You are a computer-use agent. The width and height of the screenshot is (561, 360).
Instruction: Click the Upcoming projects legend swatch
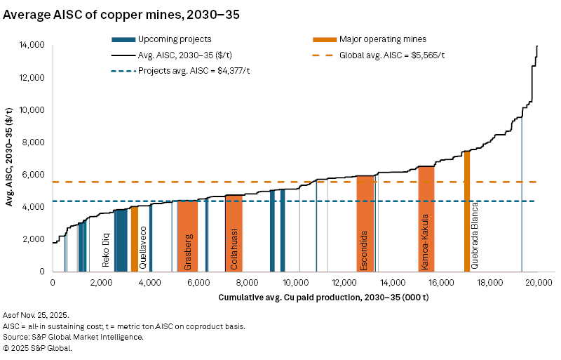[x=123, y=39]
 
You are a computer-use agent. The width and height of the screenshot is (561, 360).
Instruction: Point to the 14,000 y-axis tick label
[x=33, y=45]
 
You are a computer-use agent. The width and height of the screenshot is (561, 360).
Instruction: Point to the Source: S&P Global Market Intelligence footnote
[x=74, y=337]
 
